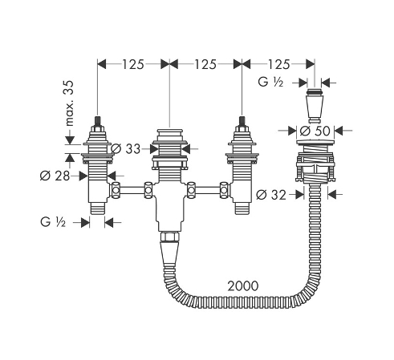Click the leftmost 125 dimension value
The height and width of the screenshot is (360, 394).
[x=133, y=64]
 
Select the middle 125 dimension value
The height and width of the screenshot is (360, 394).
[x=205, y=64]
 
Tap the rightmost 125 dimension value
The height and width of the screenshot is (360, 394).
[x=278, y=64]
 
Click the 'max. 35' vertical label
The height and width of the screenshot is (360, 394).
[x=69, y=103]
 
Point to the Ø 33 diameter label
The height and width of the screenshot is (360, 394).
[x=125, y=148]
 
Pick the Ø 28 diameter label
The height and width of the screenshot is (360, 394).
[x=55, y=176]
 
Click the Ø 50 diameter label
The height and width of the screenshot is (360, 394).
[x=315, y=131]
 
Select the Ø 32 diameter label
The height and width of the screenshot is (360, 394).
[x=271, y=195]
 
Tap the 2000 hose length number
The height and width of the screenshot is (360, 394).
[x=243, y=286]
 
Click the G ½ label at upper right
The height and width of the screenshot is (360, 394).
[x=270, y=82]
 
